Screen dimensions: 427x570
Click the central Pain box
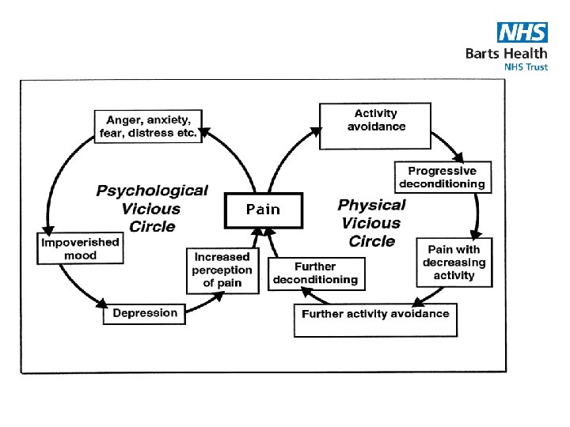click(x=264, y=209)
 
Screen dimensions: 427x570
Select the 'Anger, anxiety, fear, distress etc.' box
click(x=148, y=127)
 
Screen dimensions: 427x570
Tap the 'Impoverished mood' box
click(x=80, y=249)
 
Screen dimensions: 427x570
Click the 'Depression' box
click(x=145, y=313)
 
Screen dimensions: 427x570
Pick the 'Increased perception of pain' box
click(x=222, y=270)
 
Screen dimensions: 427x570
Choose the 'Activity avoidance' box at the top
click(x=375, y=121)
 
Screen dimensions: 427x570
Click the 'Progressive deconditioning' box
click(x=442, y=177)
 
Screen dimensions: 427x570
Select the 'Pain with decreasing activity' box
click(x=454, y=262)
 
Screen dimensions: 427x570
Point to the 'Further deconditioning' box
click(x=316, y=274)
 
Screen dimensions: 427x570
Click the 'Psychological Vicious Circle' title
click(x=151, y=208)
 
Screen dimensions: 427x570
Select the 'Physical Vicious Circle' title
click(x=371, y=222)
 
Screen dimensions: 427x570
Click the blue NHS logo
click(x=522, y=32)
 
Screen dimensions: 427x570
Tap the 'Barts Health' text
click(x=506, y=53)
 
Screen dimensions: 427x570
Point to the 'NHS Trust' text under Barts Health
click(x=526, y=67)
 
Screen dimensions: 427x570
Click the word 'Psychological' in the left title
click(x=152, y=191)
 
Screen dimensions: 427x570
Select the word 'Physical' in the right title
click(x=372, y=205)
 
